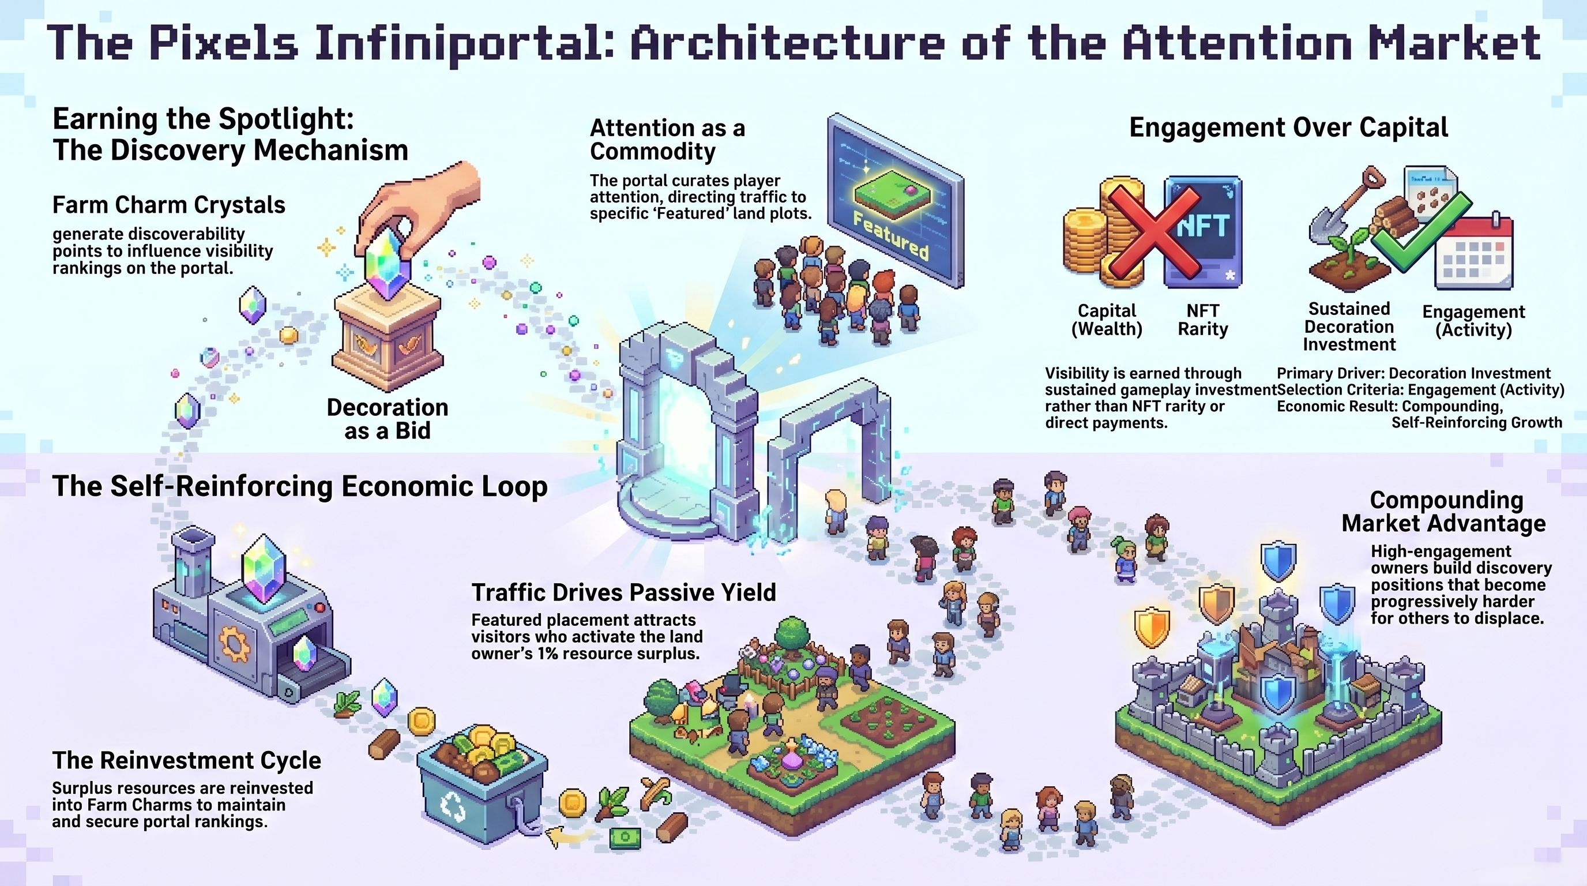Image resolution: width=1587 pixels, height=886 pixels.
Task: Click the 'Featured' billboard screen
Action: pos(894,200)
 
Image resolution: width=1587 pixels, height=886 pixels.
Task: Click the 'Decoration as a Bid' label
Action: pos(387,419)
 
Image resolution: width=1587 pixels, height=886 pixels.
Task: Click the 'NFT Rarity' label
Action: pos(1202,320)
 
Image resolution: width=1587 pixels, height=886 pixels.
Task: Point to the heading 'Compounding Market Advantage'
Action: pos(1443,512)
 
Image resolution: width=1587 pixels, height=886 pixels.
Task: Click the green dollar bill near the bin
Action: pos(625,838)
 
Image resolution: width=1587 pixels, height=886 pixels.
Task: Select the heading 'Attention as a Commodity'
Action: pos(667,139)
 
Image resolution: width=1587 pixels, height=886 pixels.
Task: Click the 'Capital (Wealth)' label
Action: pos(1107,320)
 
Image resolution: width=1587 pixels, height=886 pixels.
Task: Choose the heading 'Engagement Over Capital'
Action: pos(1288,127)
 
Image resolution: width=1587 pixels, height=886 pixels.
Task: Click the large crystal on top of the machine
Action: pos(264,568)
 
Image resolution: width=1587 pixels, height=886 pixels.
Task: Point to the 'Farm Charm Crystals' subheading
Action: pos(169,205)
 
